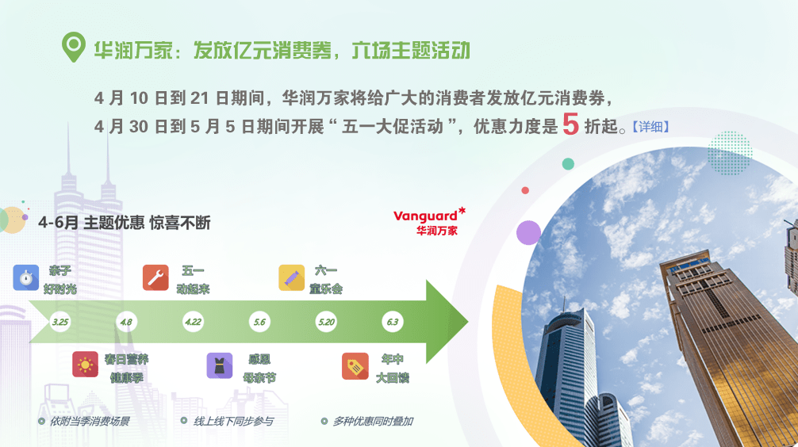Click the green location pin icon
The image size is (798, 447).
(73, 46)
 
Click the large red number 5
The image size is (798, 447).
(570, 124)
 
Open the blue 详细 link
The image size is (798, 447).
(650, 127)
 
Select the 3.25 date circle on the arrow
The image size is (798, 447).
(60, 322)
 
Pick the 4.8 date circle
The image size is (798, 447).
(126, 322)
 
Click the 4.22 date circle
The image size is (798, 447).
(193, 322)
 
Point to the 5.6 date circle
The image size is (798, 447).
(259, 322)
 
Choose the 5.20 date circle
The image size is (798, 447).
(326, 322)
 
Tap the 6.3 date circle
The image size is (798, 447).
(393, 322)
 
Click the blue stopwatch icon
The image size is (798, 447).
(26, 277)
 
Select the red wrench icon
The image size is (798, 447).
(155, 277)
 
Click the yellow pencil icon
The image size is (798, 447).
(292, 277)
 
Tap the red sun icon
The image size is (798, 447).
(85, 365)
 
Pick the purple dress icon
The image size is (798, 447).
(220, 365)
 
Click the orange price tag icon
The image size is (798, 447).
(355, 366)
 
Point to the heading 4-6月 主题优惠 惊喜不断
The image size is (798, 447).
(125, 223)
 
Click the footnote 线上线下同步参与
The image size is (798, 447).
(233, 421)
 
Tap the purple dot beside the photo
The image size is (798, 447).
(529, 233)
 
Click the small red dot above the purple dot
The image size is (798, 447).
(525, 190)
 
